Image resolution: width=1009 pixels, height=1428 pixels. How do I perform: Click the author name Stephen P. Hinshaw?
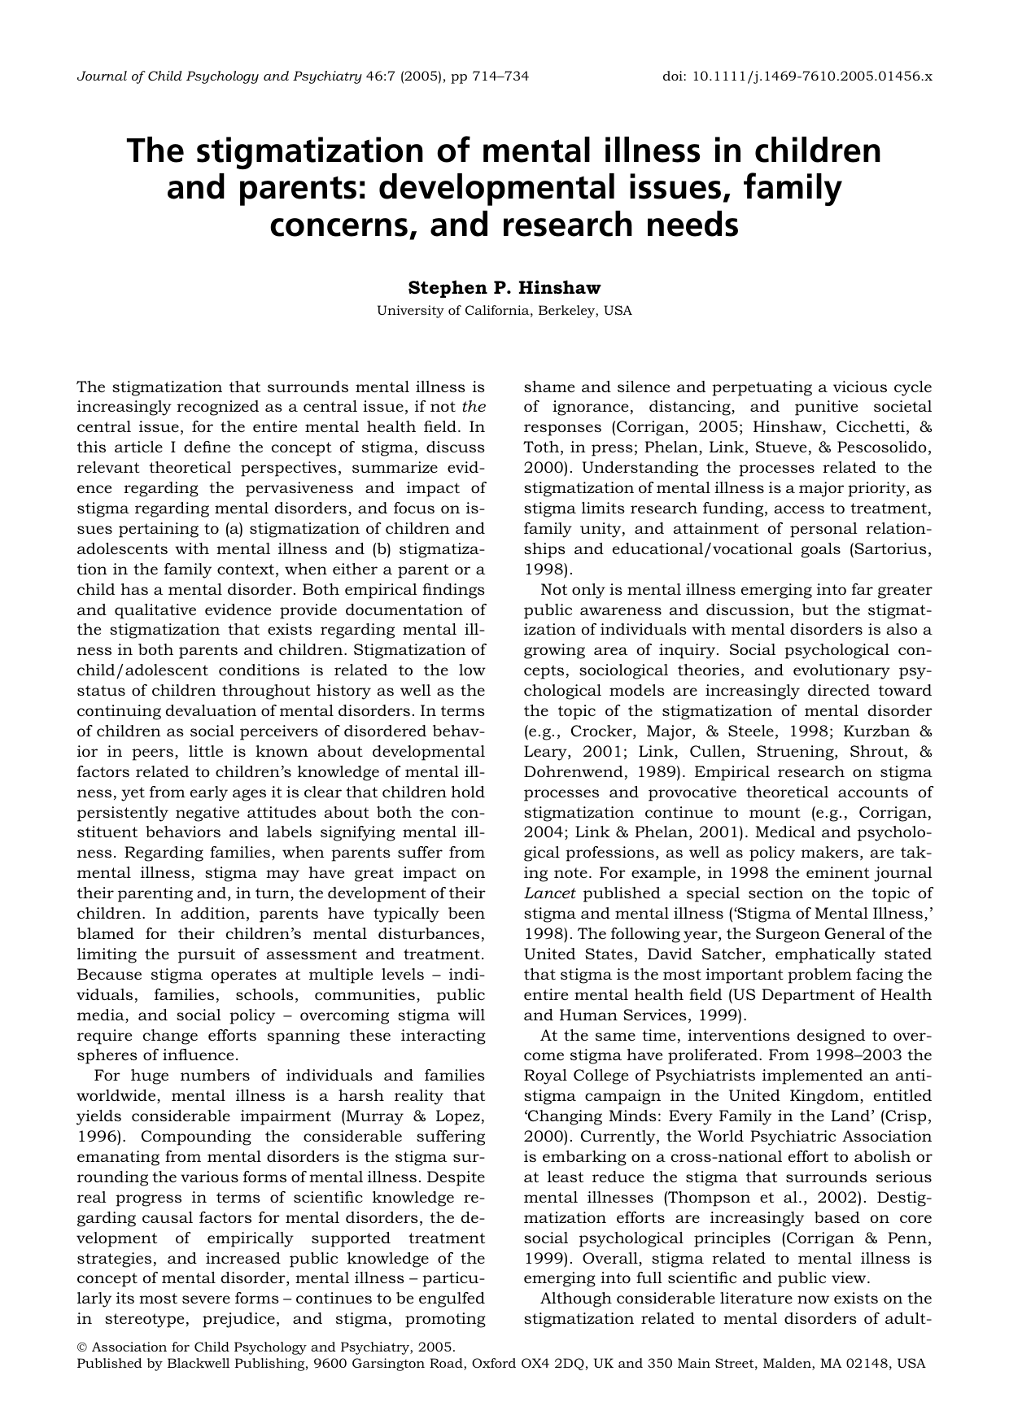coord(504,288)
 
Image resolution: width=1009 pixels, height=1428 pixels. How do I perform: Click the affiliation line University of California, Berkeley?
coord(504,311)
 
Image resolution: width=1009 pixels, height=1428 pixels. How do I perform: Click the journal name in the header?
coord(219,76)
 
